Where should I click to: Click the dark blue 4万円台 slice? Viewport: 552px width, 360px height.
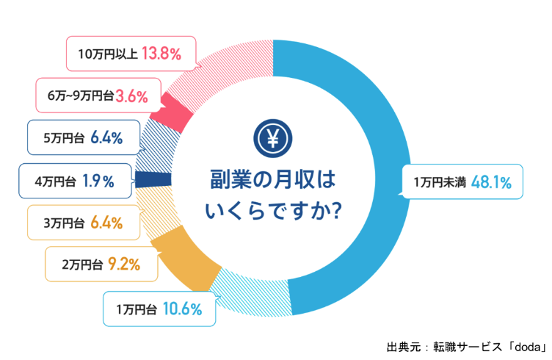click(x=154, y=179)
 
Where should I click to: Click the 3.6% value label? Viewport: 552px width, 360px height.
click(x=133, y=96)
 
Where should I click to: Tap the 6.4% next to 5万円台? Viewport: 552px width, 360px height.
click(x=106, y=138)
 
